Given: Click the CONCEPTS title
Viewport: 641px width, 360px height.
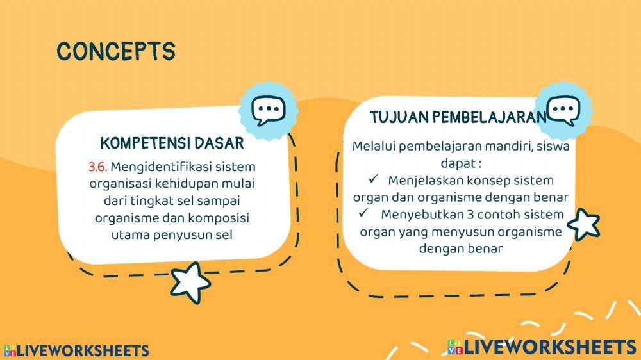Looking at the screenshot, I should (116, 51).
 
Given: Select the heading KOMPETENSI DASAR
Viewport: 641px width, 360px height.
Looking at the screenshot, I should (172, 142).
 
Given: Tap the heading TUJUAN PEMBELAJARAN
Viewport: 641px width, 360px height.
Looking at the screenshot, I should (458, 117).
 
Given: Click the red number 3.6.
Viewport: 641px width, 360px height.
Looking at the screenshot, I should (98, 167).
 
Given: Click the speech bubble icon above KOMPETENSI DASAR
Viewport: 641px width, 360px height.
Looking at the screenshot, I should (268, 111).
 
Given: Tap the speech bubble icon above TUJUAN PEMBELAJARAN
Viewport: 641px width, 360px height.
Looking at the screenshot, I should (563, 111).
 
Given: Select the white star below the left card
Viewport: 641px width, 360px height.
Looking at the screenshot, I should (190, 282).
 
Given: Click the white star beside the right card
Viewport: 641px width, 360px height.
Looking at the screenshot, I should (584, 224).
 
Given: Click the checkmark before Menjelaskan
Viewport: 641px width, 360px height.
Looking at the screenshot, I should (374, 179).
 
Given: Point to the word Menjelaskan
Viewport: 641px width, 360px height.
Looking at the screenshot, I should (424, 180).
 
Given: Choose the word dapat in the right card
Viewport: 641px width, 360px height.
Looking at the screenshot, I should (456, 163).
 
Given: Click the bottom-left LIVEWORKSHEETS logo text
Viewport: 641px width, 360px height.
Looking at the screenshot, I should (83, 350).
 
